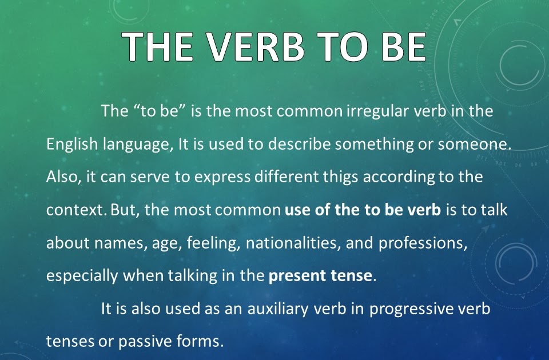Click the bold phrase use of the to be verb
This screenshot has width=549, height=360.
point(363,210)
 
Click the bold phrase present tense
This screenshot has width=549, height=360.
point(320,275)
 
